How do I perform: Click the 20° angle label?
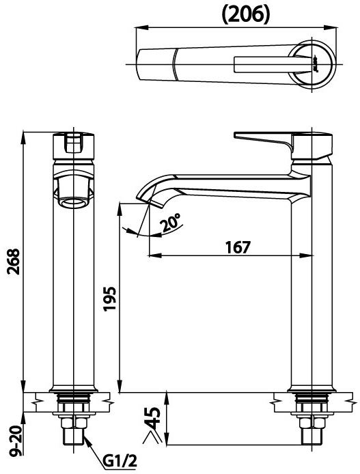[x=171, y=223]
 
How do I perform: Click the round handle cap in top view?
[x=315, y=66]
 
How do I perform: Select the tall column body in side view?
[x=311, y=287]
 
